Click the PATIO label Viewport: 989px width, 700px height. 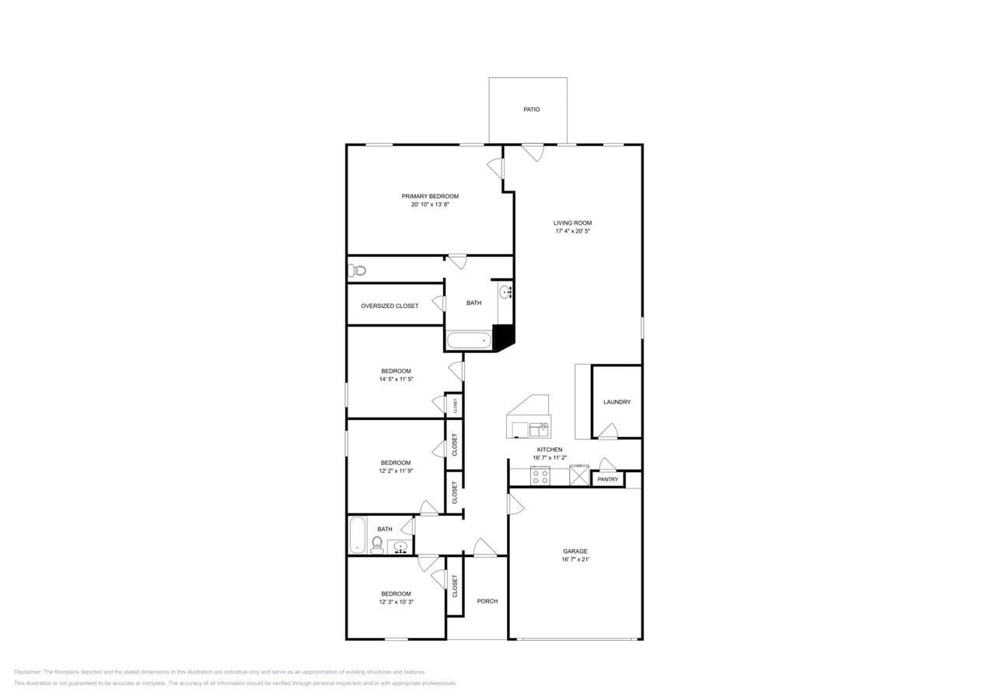pyautogui.click(x=531, y=110)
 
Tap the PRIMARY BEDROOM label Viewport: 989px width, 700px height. pyautogui.click(x=430, y=196)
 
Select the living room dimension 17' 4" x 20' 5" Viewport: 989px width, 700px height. pyautogui.click(x=572, y=231)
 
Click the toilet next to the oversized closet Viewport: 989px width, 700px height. pyautogui.click(x=357, y=271)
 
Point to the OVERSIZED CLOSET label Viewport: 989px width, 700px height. pyautogui.click(x=390, y=306)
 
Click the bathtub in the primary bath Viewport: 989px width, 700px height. pyautogui.click(x=469, y=341)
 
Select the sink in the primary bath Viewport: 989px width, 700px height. pyautogui.click(x=505, y=292)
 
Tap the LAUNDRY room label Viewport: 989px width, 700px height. pyautogui.click(x=617, y=402)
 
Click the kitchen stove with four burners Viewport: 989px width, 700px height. pyautogui.click(x=540, y=476)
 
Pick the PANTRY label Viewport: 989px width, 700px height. pyautogui.click(x=607, y=479)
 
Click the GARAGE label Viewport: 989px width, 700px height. pyautogui.click(x=575, y=551)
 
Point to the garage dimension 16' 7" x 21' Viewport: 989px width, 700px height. pyautogui.click(x=575, y=559)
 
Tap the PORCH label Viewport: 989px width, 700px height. pyautogui.click(x=487, y=601)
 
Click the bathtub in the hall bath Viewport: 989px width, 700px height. pyautogui.click(x=357, y=535)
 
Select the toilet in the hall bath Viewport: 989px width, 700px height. pyautogui.click(x=377, y=544)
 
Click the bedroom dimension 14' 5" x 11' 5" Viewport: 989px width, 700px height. pyautogui.click(x=396, y=380)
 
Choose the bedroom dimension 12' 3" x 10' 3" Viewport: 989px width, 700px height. pyautogui.click(x=396, y=602)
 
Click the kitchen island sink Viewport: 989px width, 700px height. pyautogui.click(x=539, y=429)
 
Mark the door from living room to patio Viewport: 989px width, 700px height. pyautogui.click(x=533, y=152)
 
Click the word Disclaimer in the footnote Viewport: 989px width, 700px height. pyautogui.click(x=27, y=672)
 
